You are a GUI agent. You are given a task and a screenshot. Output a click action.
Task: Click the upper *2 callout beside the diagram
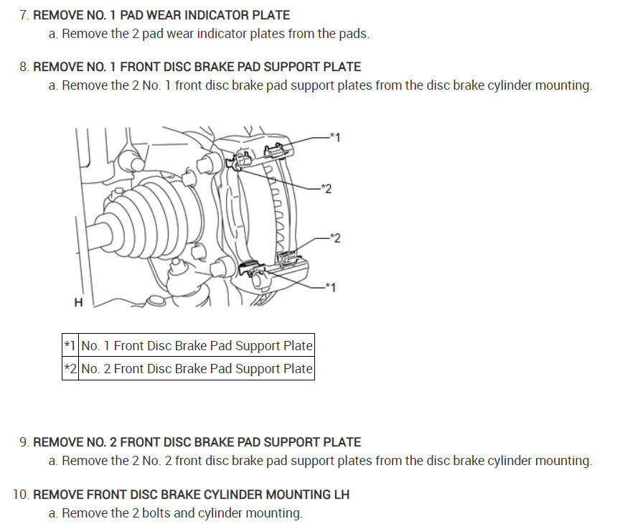pos(326,189)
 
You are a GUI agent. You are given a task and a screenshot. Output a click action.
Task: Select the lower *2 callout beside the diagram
pos(335,238)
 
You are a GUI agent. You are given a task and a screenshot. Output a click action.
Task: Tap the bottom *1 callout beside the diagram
pos(330,287)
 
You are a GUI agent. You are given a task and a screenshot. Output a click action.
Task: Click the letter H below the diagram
pos(78,303)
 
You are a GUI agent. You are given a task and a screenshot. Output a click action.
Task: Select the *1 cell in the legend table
pos(70,346)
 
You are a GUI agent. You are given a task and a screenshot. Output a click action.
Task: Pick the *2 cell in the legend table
pos(70,369)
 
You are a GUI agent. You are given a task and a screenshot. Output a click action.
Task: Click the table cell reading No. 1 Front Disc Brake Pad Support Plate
pos(197,346)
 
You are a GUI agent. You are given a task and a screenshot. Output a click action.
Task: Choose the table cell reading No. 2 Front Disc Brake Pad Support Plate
pos(197,369)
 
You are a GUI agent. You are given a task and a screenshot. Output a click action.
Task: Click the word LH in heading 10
pos(341,495)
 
